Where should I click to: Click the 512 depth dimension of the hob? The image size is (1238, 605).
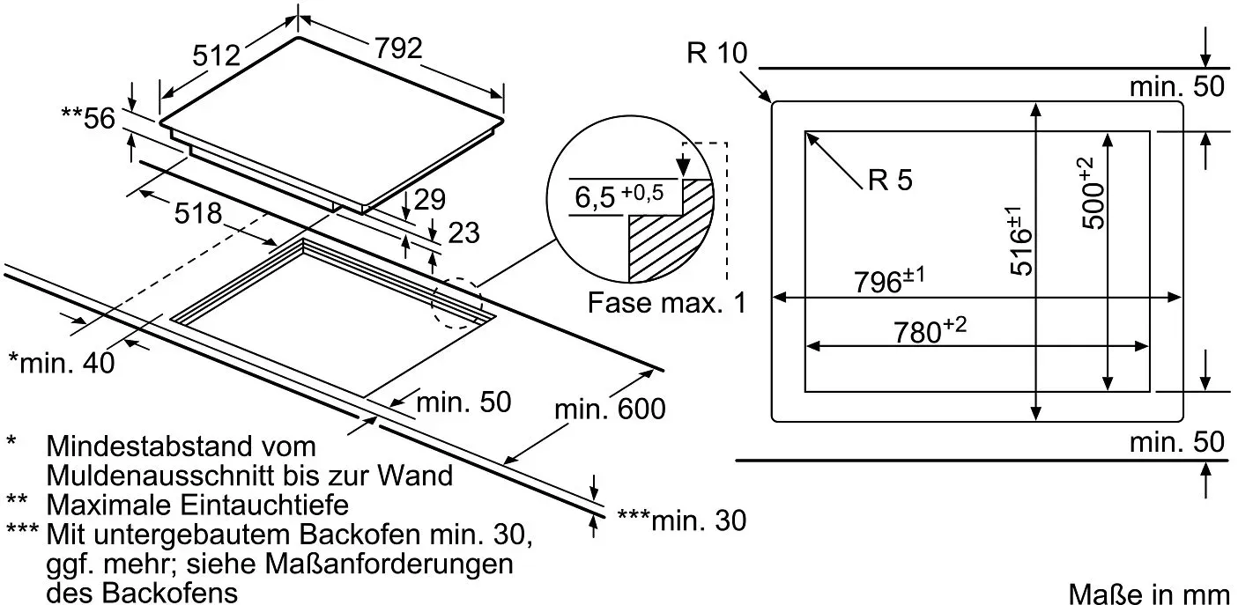click(216, 55)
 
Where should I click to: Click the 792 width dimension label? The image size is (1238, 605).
click(398, 48)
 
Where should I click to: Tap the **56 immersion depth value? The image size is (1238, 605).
click(88, 118)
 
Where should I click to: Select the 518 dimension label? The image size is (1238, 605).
click(198, 213)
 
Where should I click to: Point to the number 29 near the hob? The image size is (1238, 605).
click(429, 199)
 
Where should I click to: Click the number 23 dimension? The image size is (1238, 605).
click(463, 232)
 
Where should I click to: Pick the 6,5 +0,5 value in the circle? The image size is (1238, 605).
click(619, 196)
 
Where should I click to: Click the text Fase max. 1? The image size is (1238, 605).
click(666, 303)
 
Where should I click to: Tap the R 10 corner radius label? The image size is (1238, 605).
click(717, 53)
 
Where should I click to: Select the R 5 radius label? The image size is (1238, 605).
click(890, 181)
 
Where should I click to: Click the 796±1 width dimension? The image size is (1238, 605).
click(889, 280)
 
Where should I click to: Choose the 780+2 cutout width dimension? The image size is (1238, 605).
click(930, 330)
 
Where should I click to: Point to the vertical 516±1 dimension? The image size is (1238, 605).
click(1020, 240)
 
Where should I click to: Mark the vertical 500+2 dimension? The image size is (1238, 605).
click(1092, 194)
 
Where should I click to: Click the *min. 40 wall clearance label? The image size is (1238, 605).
click(62, 363)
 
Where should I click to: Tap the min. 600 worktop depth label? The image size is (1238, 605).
click(610, 409)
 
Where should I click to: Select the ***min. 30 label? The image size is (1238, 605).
click(681, 520)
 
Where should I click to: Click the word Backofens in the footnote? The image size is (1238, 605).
click(171, 594)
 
